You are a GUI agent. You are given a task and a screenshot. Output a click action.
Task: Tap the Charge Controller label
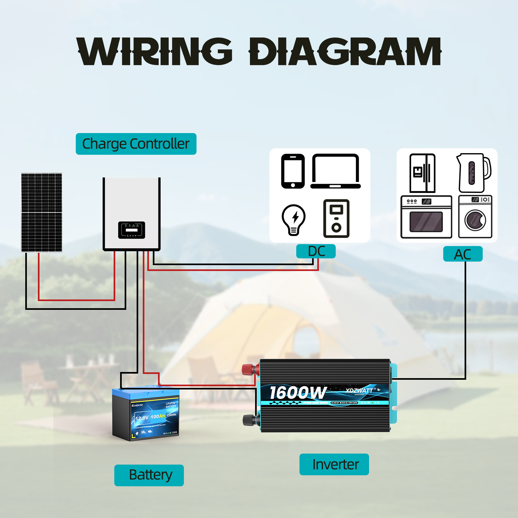136,144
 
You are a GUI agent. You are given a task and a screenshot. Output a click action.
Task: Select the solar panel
41,212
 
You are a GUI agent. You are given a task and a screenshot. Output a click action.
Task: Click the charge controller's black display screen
131,230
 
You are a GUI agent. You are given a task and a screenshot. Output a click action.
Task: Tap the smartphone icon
293,171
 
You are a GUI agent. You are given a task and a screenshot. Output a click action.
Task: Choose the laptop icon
335,171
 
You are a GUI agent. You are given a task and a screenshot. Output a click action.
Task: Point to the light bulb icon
294,220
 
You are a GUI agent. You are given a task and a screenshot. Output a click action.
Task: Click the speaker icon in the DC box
336,219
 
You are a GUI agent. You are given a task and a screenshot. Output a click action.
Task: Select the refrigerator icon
422,173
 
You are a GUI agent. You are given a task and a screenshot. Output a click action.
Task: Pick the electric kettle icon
474,173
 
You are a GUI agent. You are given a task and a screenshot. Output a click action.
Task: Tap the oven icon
426,217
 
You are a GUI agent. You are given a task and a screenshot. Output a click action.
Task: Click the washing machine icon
475,217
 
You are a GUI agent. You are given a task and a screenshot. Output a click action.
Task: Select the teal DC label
316,251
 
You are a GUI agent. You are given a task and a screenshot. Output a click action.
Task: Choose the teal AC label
463,254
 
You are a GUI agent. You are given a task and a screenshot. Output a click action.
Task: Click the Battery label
149,475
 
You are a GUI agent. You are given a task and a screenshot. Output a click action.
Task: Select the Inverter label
334,464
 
